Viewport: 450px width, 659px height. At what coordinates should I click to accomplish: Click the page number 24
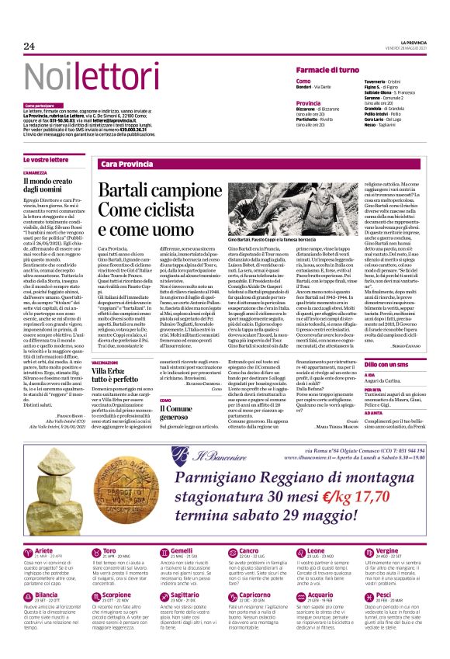click(x=29, y=47)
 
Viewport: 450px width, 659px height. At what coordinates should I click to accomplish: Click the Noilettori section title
click(x=80, y=76)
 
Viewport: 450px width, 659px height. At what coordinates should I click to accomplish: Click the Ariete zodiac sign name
click(x=45, y=551)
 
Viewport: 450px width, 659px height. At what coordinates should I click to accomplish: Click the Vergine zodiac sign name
click(x=387, y=551)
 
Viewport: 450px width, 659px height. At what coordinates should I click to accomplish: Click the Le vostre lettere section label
click(x=46, y=159)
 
